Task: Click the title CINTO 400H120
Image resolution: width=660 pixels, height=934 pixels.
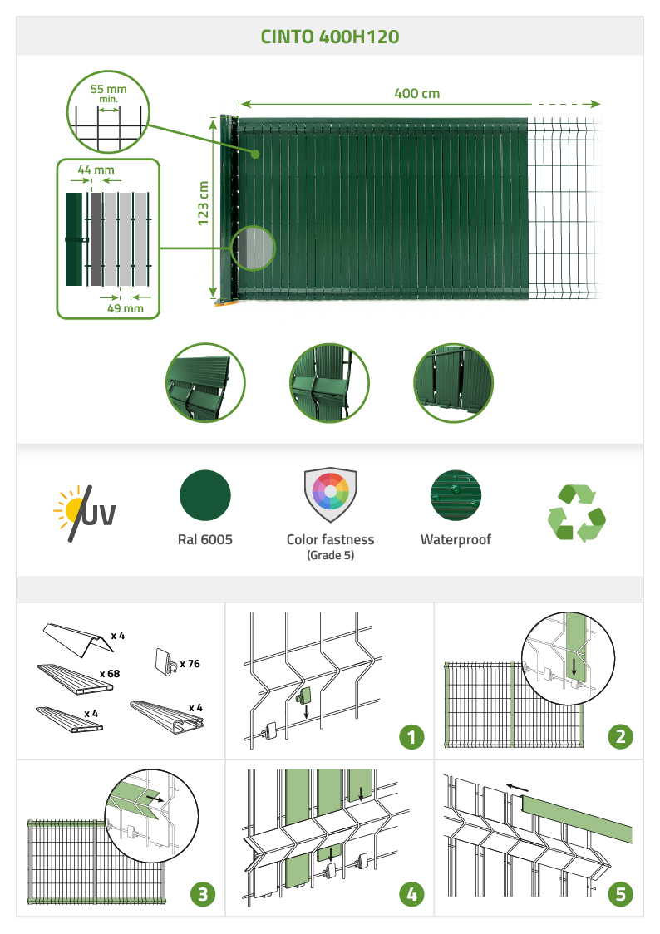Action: coord(330,37)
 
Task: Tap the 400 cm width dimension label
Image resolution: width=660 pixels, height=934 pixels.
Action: coord(417,94)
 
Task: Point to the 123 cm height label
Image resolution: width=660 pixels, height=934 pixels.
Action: coord(203,203)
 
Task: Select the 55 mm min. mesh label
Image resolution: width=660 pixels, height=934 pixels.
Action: coord(108,93)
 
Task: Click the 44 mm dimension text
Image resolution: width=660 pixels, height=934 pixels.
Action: coord(96,170)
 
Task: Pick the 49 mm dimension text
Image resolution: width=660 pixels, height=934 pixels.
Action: coord(125,308)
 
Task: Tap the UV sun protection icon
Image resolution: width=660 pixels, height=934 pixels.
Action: coord(85,513)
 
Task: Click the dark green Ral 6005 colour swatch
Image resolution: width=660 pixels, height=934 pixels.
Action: coord(205,495)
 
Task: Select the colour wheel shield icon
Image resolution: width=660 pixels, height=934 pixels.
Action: coord(331,494)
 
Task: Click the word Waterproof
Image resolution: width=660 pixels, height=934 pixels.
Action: coord(456,539)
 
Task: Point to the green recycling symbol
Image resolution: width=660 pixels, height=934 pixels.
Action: coord(577,513)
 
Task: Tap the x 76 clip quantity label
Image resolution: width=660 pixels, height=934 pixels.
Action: coord(190,664)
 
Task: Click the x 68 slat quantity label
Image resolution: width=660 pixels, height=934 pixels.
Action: coord(110,674)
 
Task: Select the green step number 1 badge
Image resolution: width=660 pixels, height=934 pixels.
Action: coord(411,737)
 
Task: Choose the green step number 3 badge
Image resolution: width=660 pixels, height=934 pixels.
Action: coord(203,894)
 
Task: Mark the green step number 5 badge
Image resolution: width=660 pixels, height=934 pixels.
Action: coord(620,894)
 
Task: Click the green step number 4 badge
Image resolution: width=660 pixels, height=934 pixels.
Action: coord(411,894)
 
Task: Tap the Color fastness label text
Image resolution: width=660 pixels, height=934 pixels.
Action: coord(331,539)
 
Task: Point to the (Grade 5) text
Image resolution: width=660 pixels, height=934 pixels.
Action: coord(331,555)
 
